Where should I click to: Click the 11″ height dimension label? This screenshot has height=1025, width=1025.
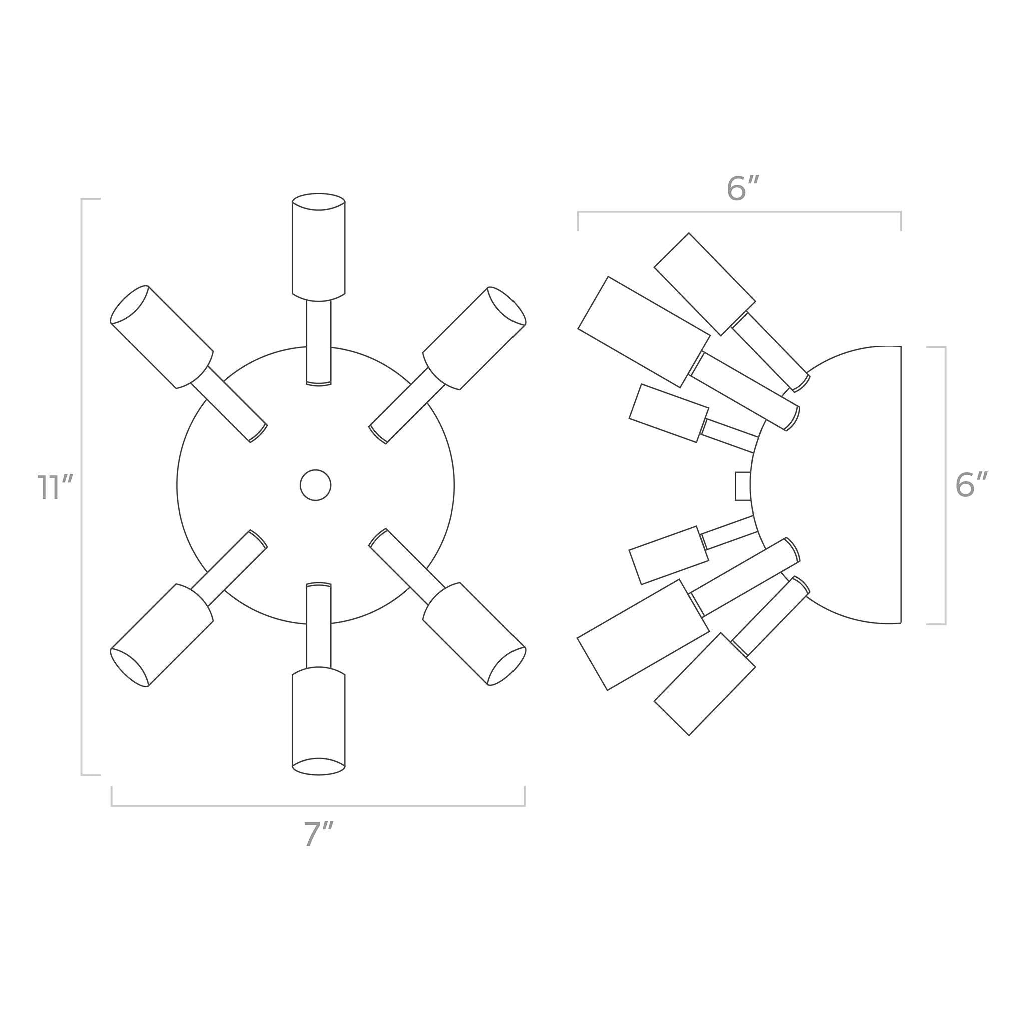click(x=54, y=487)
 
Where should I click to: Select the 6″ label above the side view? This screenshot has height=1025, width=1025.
click(x=743, y=187)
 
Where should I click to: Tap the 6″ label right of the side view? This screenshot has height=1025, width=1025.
click(x=971, y=485)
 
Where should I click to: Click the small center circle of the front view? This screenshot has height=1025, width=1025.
click(x=316, y=485)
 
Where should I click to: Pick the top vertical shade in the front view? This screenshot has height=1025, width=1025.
click(x=318, y=247)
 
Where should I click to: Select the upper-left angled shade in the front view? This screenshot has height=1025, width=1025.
click(x=162, y=337)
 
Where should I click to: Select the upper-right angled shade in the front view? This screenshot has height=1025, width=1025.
click(x=474, y=338)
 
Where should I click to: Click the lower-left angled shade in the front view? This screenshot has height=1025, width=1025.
click(x=162, y=635)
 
